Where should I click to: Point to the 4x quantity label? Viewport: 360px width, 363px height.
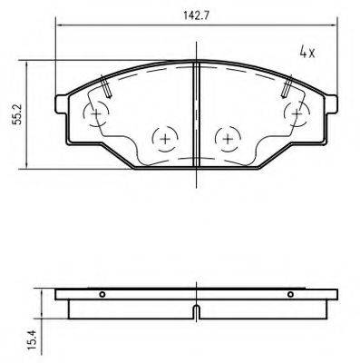(x=306, y=52)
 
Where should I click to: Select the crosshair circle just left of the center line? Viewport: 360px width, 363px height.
(x=164, y=138)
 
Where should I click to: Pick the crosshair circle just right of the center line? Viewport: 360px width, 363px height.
(x=227, y=138)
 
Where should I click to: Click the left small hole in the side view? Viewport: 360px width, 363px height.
(x=102, y=294)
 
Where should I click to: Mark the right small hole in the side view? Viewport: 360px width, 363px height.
(x=288, y=294)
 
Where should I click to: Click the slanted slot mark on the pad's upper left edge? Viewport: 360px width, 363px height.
(x=106, y=86)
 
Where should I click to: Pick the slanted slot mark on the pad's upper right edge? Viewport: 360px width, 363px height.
(x=287, y=86)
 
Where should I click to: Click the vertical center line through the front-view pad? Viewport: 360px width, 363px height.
(x=197, y=118)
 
